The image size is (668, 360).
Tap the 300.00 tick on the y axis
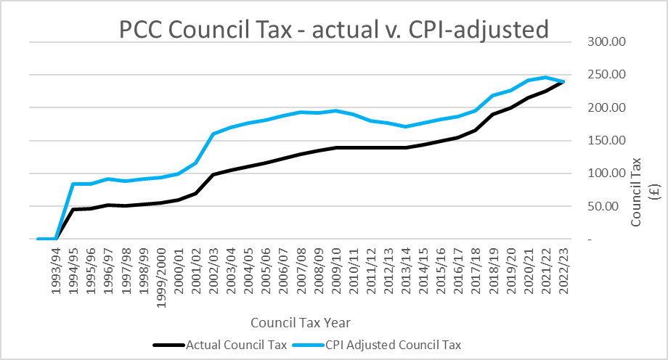pyautogui.click(x=606, y=41)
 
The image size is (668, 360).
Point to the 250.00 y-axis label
pyautogui.click(x=606, y=75)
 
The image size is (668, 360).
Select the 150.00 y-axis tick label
pyautogui.click(x=606, y=140)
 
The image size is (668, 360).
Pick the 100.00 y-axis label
pyautogui.click(x=606, y=173)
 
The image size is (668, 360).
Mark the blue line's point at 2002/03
pyautogui.click(x=213, y=134)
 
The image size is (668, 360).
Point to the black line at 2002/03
pyautogui.click(x=213, y=174)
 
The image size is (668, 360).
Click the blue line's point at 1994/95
pyautogui.click(x=73, y=184)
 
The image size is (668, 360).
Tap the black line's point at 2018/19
pyautogui.click(x=494, y=114)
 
